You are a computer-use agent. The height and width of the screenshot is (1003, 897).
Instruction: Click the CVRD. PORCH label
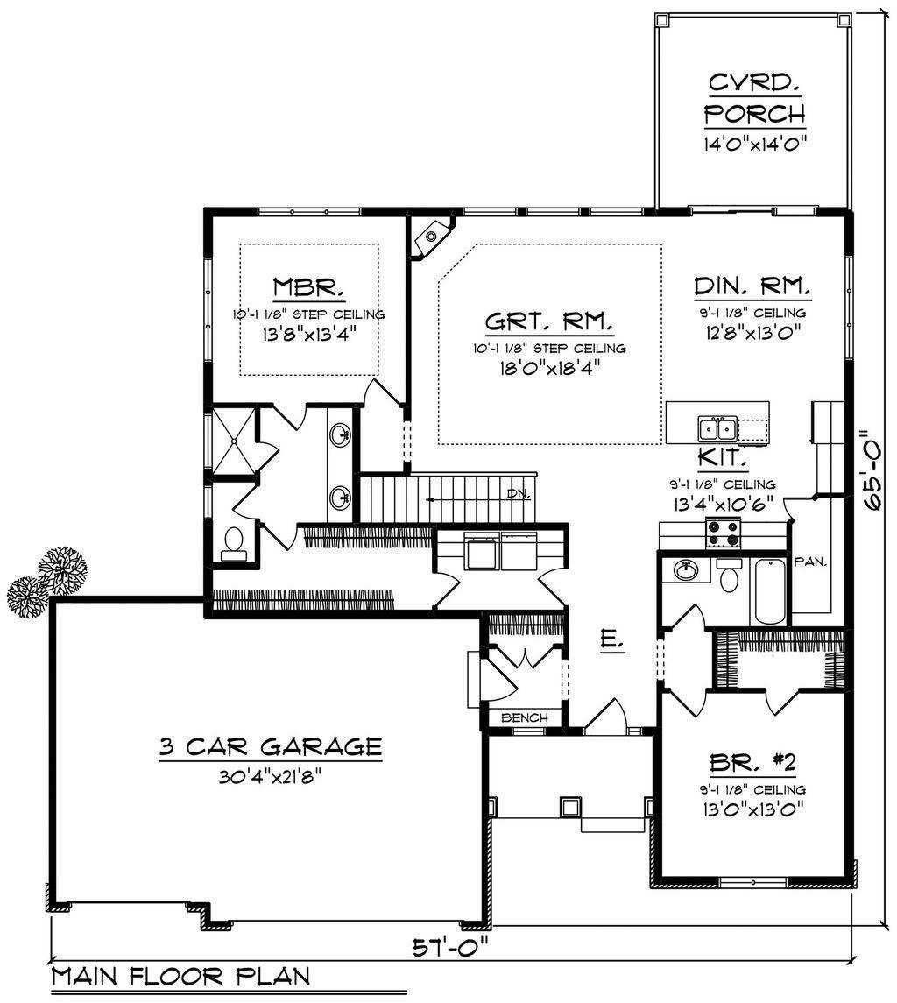coord(754,99)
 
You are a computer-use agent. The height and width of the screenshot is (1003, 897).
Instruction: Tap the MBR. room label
coord(308,286)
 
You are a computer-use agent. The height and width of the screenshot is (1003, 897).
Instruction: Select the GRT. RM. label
coord(549,321)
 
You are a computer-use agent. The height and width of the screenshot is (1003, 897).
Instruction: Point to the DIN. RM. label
coord(752,286)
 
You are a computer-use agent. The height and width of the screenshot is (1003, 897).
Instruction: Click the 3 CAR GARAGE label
coord(271,746)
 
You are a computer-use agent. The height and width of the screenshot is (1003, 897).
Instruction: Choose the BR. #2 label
coord(752,762)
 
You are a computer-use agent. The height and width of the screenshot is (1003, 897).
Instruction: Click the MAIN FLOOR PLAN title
coord(181,977)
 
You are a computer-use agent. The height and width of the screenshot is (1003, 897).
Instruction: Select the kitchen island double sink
coord(717,428)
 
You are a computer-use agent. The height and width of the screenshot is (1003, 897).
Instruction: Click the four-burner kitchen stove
coord(723,533)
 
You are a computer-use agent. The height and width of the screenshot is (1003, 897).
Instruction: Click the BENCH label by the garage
coord(525,717)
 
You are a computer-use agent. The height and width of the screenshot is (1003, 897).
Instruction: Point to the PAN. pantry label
coord(810,562)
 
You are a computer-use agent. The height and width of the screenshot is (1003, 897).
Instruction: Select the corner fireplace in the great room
coord(433,236)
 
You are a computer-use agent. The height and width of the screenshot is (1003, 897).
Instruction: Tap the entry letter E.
coord(612,640)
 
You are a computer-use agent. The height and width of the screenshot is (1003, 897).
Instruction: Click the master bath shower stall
coord(234,441)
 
